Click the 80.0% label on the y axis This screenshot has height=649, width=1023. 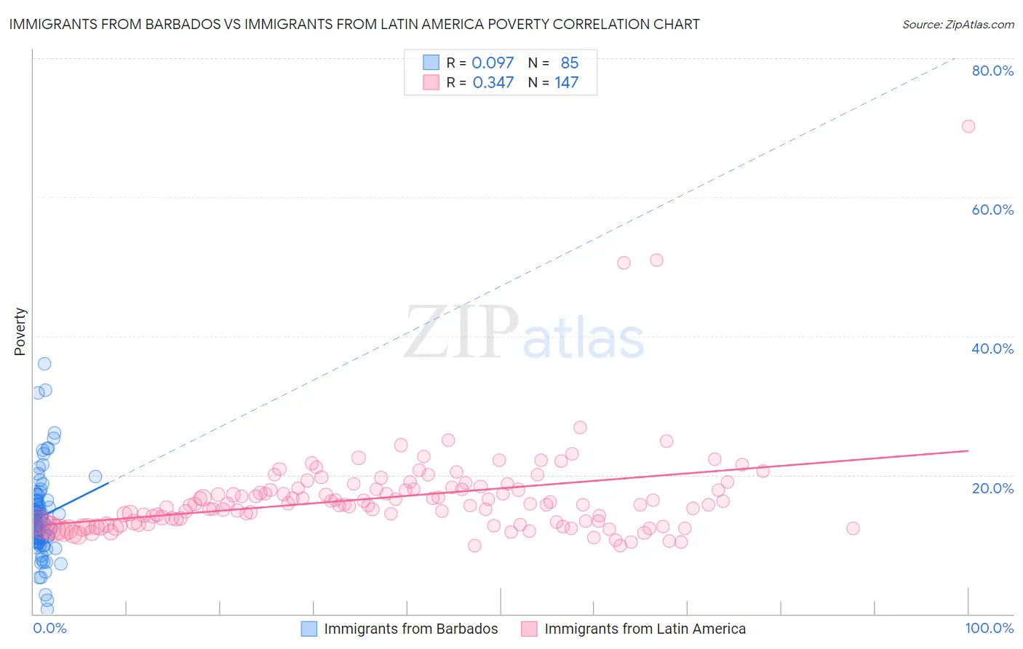992,71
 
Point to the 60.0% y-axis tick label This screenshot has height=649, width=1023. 992,210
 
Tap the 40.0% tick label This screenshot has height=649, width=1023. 992,349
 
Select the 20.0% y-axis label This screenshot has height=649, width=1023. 992,487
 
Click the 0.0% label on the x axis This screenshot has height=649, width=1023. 49,628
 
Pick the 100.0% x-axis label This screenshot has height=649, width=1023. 989,628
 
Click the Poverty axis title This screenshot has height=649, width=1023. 20,332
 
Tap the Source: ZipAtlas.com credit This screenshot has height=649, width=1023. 958,25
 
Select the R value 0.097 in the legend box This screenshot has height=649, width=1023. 493,63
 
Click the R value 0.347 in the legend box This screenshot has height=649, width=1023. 493,82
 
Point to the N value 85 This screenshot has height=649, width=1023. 569,63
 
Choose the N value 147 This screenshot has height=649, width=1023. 566,82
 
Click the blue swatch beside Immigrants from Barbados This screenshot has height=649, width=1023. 309,629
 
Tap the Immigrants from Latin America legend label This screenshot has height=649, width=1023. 645,629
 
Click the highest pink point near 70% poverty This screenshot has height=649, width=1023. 968,126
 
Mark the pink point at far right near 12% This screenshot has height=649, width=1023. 853,528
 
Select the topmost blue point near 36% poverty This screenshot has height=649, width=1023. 44,364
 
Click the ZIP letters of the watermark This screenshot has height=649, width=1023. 461,333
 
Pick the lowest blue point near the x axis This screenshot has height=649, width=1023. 47,608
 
